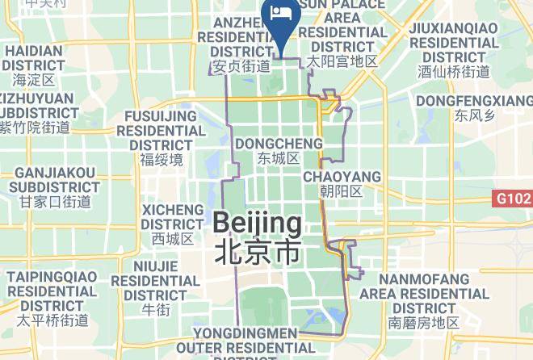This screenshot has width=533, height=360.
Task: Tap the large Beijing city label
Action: pyautogui.click(x=258, y=223)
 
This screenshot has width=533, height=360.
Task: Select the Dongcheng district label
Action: pyautogui.click(x=278, y=144)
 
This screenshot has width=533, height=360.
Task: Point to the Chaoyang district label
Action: pyautogui.click(x=342, y=177)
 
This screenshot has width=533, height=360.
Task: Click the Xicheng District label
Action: pyautogui.click(x=173, y=217)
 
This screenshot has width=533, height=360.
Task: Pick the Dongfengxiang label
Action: pyautogui.click(x=472, y=101)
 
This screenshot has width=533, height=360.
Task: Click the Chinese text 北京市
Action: pyautogui.click(x=258, y=253)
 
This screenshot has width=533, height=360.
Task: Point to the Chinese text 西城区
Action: pyautogui.click(x=173, y=239)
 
